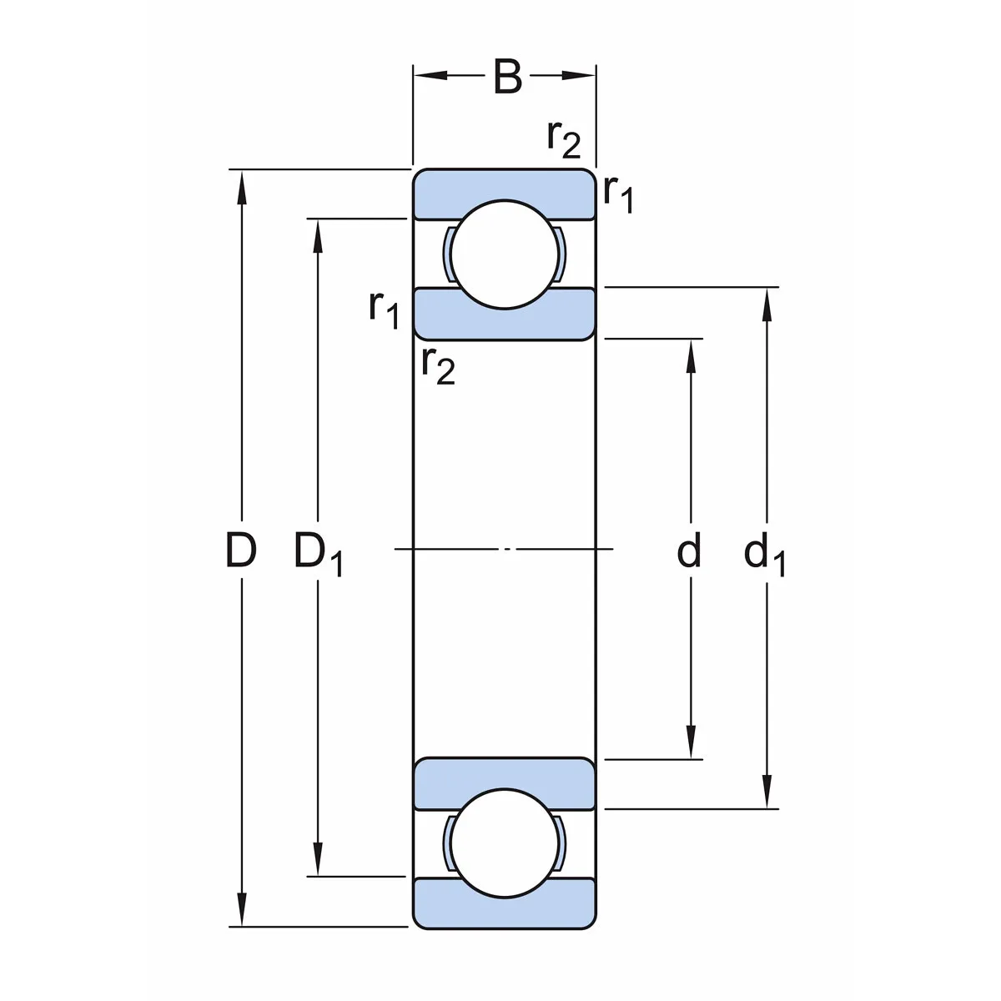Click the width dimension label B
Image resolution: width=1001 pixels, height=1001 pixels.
[x=507, y=76]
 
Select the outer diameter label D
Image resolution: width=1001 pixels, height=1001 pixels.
[x=241, y=551]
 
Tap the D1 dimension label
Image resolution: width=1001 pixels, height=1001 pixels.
[x=318, y=554]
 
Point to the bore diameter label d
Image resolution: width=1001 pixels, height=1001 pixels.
[x=689, y=551]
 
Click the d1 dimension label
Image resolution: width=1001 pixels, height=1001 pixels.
[x=764, y=554]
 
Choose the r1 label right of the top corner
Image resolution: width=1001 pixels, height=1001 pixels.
[x=618, y=195]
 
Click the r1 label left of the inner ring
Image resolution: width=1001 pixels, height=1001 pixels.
[x=385, y=309]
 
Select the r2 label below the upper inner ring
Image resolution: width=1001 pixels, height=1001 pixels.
[x=438, y=365]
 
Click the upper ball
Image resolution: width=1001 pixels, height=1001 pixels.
[x=504, y=254]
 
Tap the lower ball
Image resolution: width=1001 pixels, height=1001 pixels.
[x=504, y=843]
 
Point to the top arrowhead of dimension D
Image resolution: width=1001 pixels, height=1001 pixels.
[x=242, y=185]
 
